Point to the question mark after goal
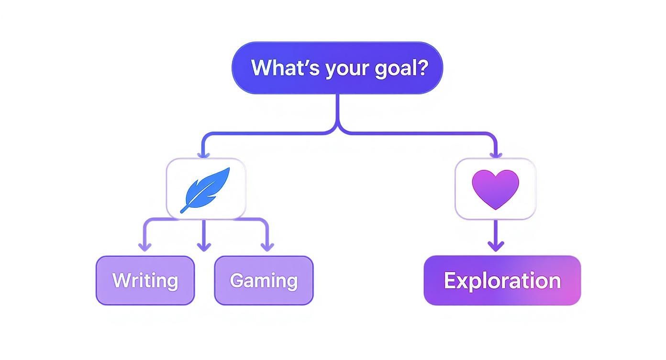click(x=422, y=68)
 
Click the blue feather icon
click(x=206, y=189)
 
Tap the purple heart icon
click(x=495, y=189)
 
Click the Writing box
click(x=145, y=281)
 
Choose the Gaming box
click(x=264, y=281)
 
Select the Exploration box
click(x=502, y=281)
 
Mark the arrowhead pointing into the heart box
click(x=496, y=154)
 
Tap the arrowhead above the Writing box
click(x=144, y=247)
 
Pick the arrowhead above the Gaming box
click(x=267, y=247)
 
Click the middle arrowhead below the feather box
click(x=204, y=247)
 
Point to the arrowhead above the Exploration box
click(x=496, y=247)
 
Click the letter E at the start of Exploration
click(x=450, y=281)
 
